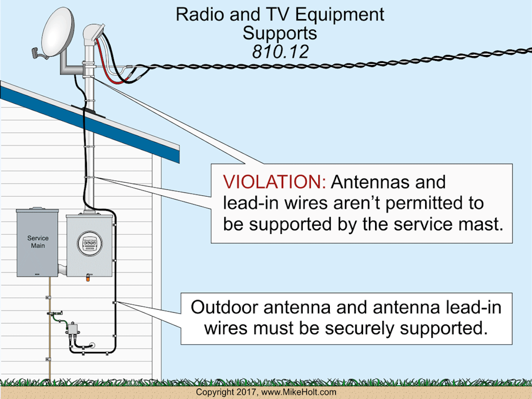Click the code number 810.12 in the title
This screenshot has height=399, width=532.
(280, 52)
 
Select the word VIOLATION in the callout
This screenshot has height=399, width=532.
(274, 182)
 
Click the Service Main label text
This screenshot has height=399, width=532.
(38, 242)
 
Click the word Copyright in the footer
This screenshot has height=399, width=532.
(215, 392)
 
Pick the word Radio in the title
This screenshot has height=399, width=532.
(196, 15)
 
